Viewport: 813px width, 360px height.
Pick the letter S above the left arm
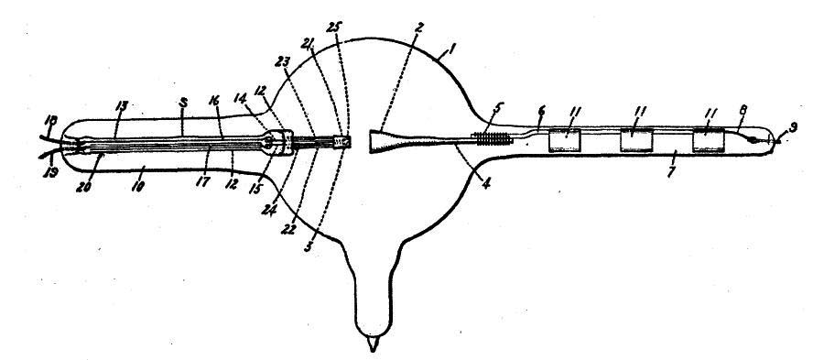(x=184, y=104)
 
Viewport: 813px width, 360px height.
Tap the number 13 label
(x=124, y=107)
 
